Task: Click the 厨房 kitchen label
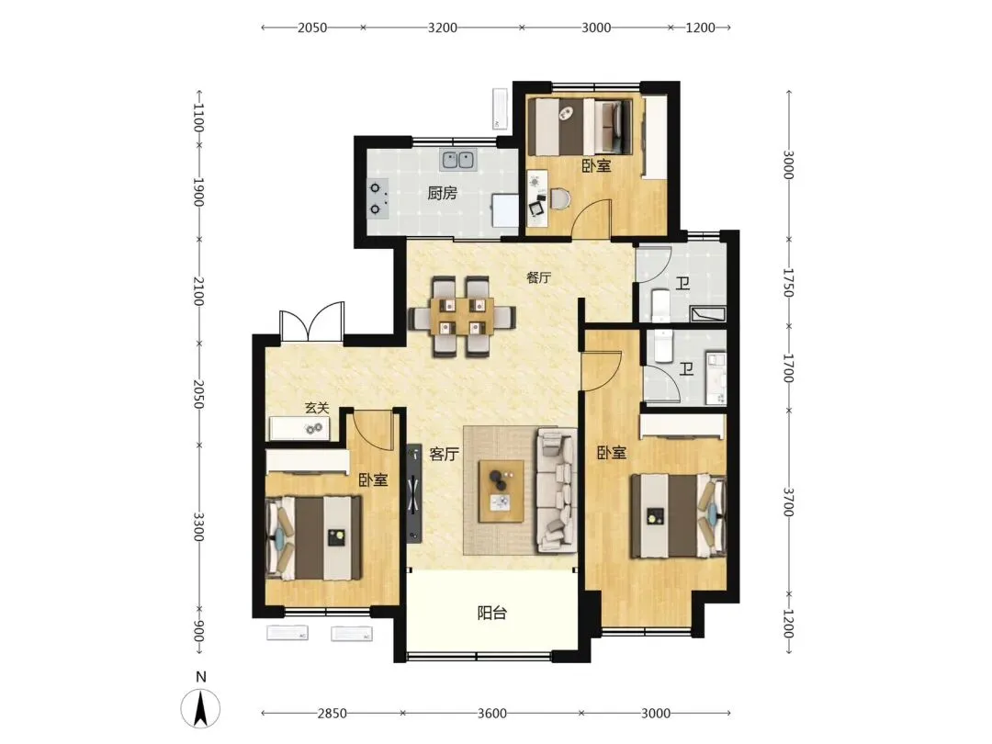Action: [x=442, y=192]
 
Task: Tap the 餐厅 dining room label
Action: [x=538, y=277]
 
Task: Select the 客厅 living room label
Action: [x=444, y=454]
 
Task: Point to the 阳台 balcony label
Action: [x=491, y=613]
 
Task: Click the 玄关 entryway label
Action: [x=317, y=408]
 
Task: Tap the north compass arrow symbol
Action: [x=200, y=708]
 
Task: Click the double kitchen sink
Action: [x=458, y=160]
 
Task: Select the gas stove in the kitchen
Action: [x=378, y=198]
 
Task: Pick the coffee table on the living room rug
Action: [x=502, y=491]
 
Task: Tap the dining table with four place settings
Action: [x=462, y=316]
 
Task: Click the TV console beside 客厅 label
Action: [x=413, y=493]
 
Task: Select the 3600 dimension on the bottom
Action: [x=491, y=714]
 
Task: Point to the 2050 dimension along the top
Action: [x=312, y=28]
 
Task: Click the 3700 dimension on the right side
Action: [x=788, y=502]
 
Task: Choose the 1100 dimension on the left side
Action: [x=198, y=118]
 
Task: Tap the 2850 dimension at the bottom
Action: [x=333, y=714]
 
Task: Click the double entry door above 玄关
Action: [x=312, y=322]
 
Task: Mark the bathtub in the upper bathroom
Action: [x=708, y=314]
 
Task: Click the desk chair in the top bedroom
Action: [x=559, y=199]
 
